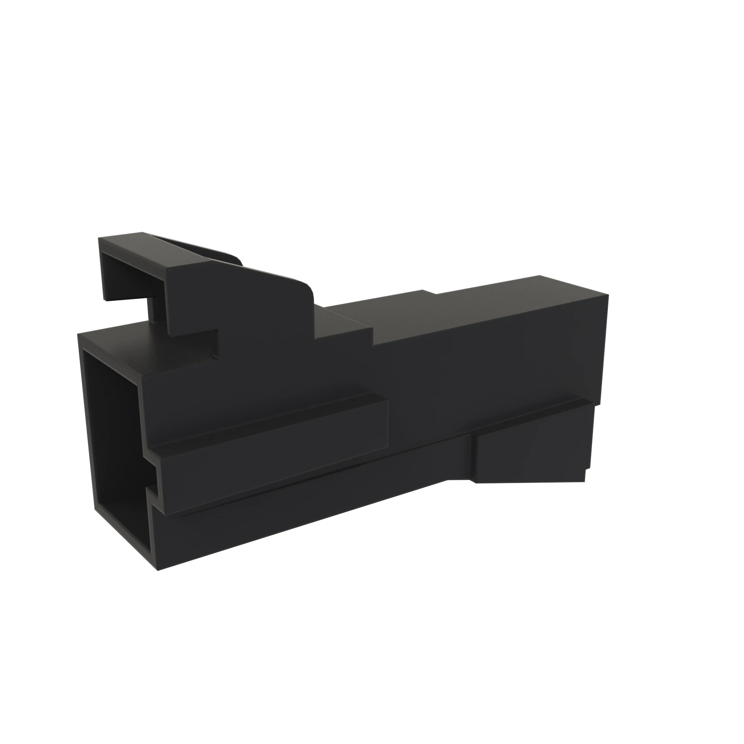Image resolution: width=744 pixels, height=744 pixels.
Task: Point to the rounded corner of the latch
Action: click(308, 289)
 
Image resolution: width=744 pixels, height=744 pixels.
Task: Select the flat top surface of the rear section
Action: click(481, 308)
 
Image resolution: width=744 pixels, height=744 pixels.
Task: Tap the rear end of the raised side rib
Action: click(385, 424)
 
